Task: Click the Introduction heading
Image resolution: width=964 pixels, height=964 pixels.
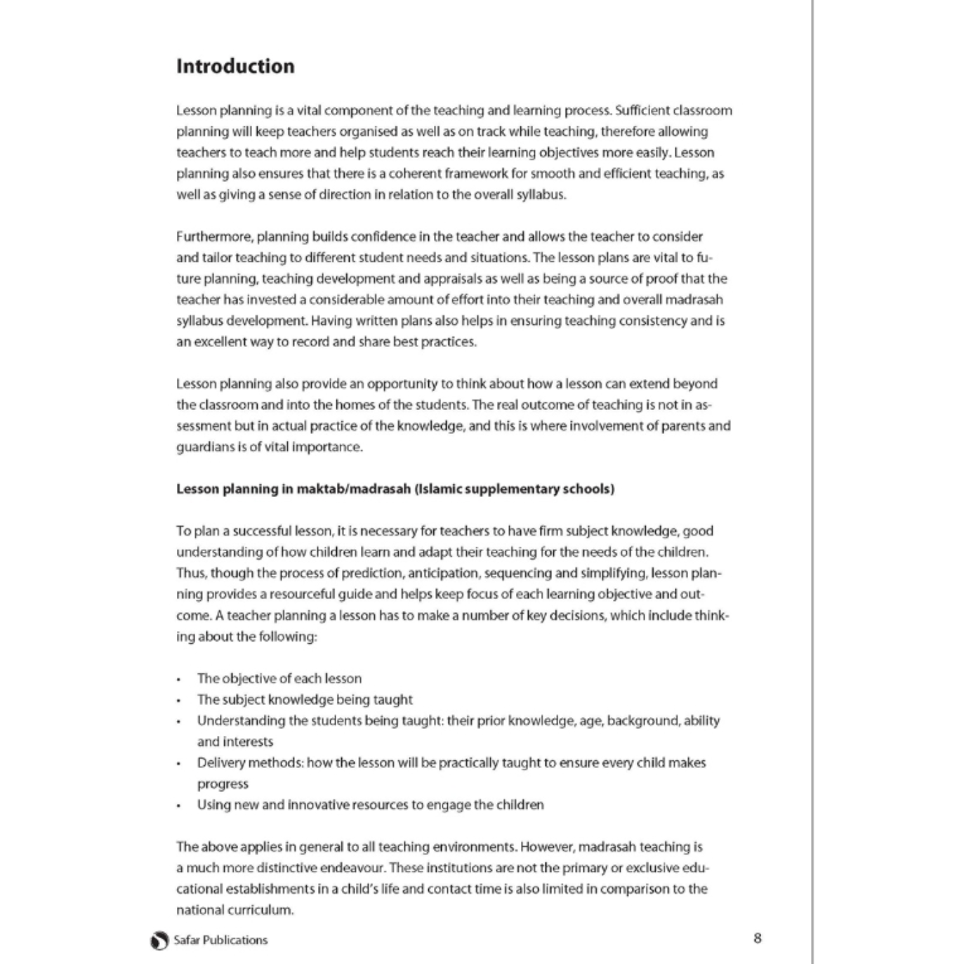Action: click(x=235, y=66)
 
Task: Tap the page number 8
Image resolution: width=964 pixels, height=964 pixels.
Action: click(x=757, y=938)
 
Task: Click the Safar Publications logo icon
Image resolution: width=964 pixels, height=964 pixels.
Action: click(x=159, y=941)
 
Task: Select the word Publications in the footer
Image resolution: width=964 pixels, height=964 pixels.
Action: click(x=235, y=940)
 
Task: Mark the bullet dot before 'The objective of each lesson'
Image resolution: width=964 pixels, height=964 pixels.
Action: click(x=179, y=680)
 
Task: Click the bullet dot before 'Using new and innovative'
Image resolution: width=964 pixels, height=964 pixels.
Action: click(x=179, y=806)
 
